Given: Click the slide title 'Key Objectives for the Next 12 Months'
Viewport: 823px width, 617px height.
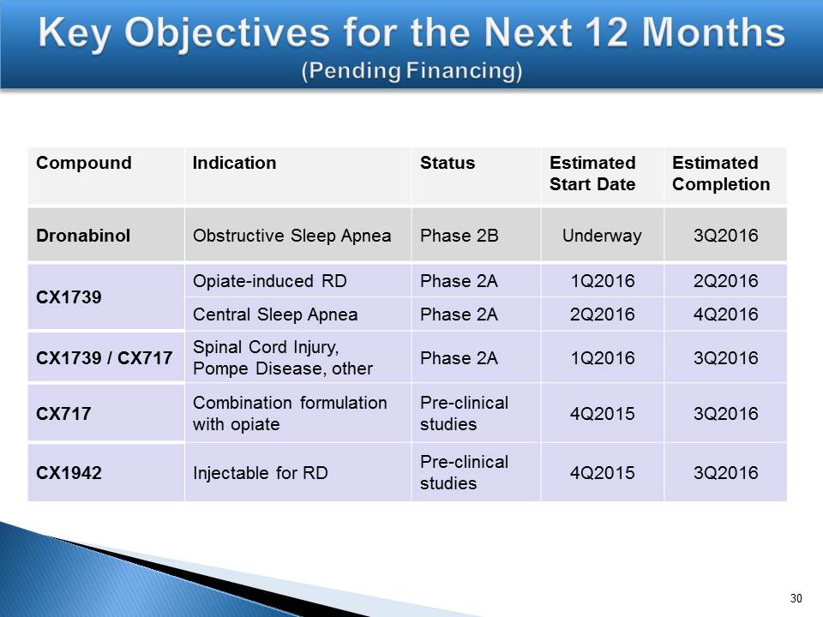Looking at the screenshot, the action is (x=411, y=33).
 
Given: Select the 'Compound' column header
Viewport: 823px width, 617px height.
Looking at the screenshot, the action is (x=84, y=163).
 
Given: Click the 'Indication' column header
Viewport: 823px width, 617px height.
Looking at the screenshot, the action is (x=234, y=163).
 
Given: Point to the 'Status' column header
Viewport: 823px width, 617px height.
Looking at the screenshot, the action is (x=448, y=163).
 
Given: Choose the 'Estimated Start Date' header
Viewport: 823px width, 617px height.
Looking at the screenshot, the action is (x=592, y=173).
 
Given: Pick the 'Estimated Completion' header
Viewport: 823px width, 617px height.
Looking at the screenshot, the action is (x=721, y=173).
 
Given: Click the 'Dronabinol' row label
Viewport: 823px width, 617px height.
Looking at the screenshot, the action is (x=83, y=236).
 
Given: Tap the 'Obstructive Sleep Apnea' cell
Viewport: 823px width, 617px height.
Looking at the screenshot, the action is (x=291, y=236).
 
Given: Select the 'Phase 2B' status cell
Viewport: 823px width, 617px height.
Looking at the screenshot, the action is (x=459, y=236).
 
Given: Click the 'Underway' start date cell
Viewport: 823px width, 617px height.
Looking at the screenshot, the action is (x=602, y=236).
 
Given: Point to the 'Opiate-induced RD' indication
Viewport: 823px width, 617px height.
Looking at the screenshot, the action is (x=270, y=281).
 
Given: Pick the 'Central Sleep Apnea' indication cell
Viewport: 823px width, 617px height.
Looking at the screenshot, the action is (x=275, y=314).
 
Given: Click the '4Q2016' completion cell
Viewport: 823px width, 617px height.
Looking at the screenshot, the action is (x=725, y=314).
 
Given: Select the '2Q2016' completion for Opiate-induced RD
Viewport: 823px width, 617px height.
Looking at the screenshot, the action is (x=725, y=281).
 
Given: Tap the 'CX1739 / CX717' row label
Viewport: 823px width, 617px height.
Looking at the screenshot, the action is (x=104, y=358).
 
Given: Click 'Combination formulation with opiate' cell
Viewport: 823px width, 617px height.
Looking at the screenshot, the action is (x=290, y=413).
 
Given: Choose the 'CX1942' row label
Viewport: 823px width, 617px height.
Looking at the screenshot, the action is (x=69, y=473).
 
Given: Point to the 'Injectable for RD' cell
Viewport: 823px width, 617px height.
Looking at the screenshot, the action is (x=261, y=473).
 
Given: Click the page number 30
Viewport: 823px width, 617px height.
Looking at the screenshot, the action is (x=796, y=598).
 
